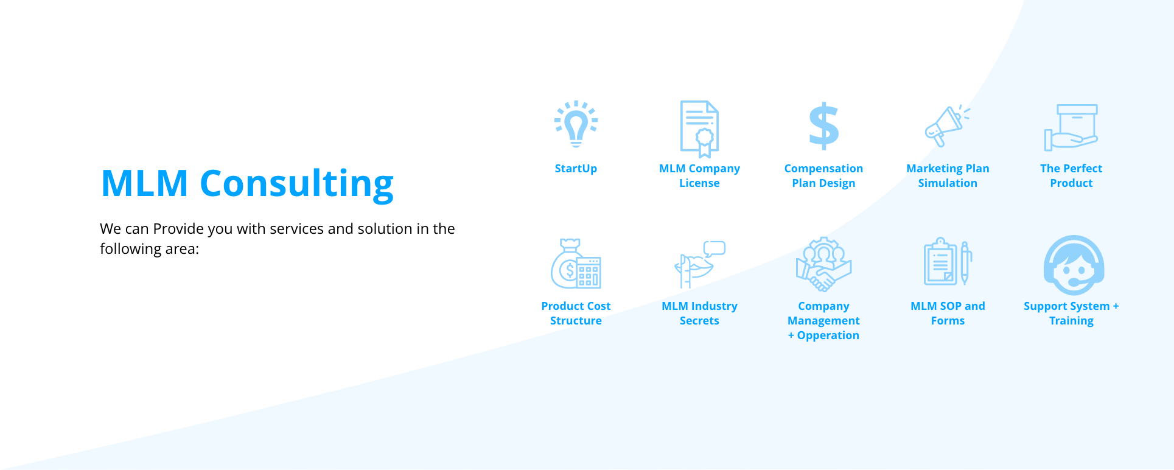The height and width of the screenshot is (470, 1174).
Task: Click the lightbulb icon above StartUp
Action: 576,124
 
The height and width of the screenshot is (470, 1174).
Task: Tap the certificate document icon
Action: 699,129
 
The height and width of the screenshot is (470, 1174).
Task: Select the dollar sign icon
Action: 823,125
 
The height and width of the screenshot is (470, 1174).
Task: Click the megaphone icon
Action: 946,125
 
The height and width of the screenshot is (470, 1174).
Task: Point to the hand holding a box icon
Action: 1071,127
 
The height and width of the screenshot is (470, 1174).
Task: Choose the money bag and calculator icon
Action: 576,264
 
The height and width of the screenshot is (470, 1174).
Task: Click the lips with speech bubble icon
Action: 699,264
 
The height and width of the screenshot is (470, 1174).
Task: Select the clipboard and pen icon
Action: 948,262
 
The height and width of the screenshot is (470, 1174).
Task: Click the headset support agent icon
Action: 1074,265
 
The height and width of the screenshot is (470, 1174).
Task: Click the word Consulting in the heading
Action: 296,184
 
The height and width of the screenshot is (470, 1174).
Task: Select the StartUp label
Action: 576,169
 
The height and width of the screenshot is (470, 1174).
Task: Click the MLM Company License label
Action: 699,176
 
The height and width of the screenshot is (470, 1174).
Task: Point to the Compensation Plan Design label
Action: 823,176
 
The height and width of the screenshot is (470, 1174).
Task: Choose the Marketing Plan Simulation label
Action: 948,176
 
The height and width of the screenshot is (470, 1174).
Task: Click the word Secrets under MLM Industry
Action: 699,321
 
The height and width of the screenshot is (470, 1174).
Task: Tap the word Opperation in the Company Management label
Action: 828,335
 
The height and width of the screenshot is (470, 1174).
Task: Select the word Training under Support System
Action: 1071,321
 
